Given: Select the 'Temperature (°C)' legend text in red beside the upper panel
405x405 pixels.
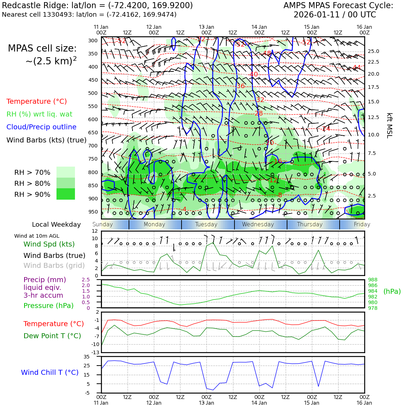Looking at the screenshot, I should (37, 102).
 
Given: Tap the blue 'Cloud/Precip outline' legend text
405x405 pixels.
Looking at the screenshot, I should (41, 127).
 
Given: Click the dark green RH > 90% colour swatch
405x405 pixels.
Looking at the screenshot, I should (66, 194).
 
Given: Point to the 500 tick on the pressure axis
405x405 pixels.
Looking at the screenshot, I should (93, 93).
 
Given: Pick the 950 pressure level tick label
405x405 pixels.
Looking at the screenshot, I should (93, 212).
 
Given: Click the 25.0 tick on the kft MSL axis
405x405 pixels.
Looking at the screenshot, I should (373, 52).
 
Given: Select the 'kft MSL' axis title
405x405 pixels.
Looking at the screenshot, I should (389, 125).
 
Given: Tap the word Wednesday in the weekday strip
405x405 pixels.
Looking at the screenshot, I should (258, 225).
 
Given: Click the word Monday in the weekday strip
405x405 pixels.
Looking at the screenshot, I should (154, 225).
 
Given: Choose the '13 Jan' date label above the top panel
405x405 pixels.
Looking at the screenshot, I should (206, 27).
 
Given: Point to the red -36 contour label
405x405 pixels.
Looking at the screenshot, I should (241, 86).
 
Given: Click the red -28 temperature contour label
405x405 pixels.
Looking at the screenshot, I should (258, 113).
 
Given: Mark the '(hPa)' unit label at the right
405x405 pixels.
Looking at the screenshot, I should (392, 291).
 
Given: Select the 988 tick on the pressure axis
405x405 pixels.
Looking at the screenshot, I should (373, 280).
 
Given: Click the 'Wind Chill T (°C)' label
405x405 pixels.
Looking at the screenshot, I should (50, 372).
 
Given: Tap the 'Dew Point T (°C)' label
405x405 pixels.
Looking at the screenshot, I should (52, 336).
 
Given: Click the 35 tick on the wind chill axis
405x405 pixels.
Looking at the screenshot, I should (86, 357).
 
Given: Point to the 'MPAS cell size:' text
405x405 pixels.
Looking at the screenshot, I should (42, 49).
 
